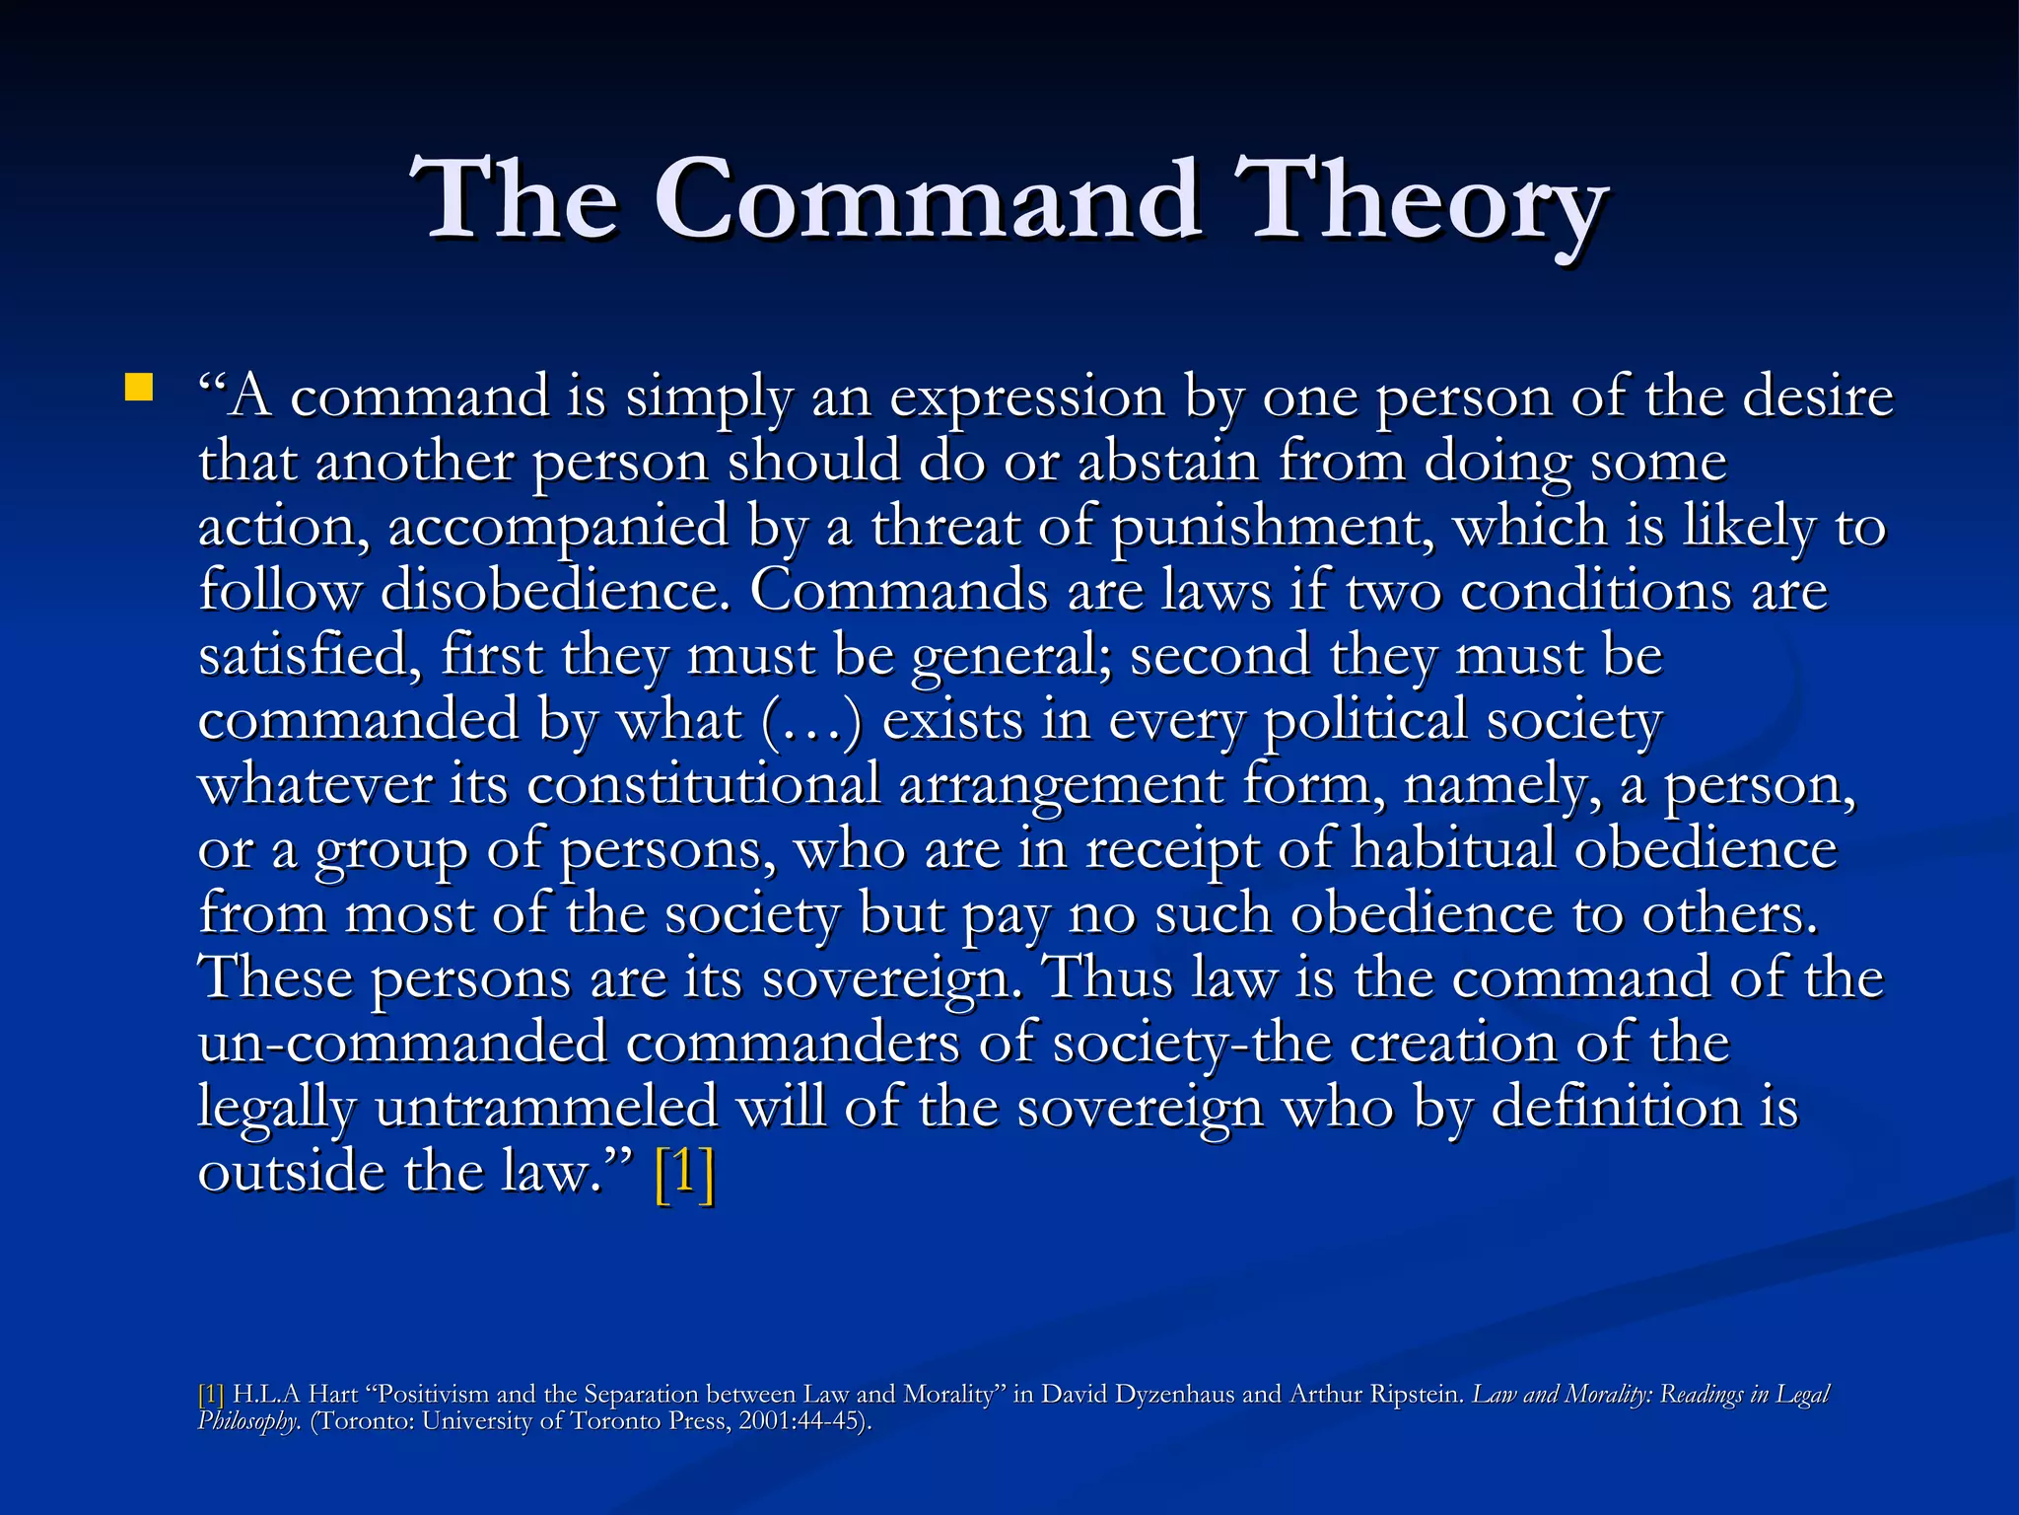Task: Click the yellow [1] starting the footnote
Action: [x=211, y=1395]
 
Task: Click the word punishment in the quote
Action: [x=1273, y=527]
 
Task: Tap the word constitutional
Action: [x=703, y=785]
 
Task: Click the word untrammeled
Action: [x=546, y=1108]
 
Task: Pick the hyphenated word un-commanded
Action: [x=402, y=1044]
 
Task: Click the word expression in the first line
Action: [x=1026, y=397]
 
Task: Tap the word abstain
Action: [x=1167, y=462]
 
